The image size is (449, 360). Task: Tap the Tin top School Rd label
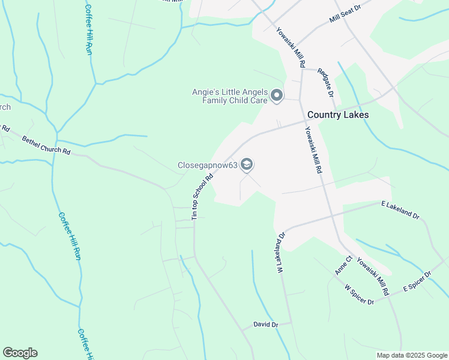coord(203,197)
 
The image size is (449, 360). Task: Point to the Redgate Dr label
coord(324,82)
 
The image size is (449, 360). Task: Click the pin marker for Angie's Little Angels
coord(277,95)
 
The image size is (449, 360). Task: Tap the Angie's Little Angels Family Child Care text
coord(229,97)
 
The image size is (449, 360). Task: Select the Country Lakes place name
coord(338,115)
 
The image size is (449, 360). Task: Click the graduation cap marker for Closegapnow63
coord(247,164)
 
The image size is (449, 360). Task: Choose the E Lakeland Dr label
coord(400,209)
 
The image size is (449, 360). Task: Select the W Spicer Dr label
coord(360,294)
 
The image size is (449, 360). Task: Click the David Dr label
coord(266,325)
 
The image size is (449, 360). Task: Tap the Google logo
coord(20,353)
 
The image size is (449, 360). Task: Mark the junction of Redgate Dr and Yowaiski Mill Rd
coord(303,69)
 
